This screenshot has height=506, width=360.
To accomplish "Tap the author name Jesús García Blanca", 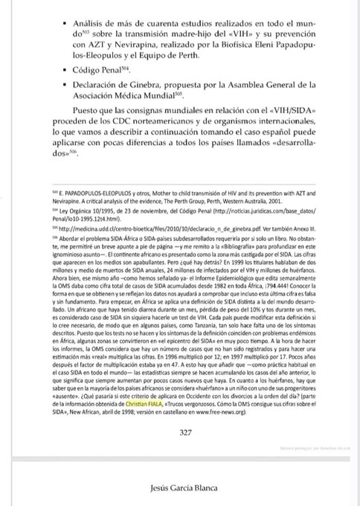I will tap(180, 489).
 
